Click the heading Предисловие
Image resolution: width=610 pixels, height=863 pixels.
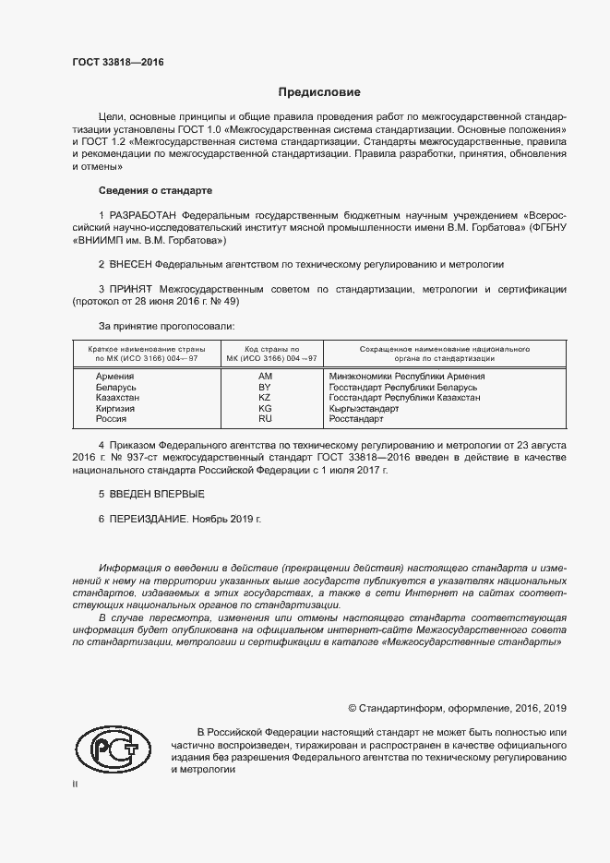coord(319,92)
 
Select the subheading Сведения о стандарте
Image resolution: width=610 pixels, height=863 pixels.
coord(155,190)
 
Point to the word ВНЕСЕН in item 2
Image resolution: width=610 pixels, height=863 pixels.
coord(132,264)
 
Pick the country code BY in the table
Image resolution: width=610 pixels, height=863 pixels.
coord(265,387)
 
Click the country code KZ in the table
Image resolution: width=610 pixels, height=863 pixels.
coord(265,397)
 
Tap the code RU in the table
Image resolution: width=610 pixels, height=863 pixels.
coord(265,418)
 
